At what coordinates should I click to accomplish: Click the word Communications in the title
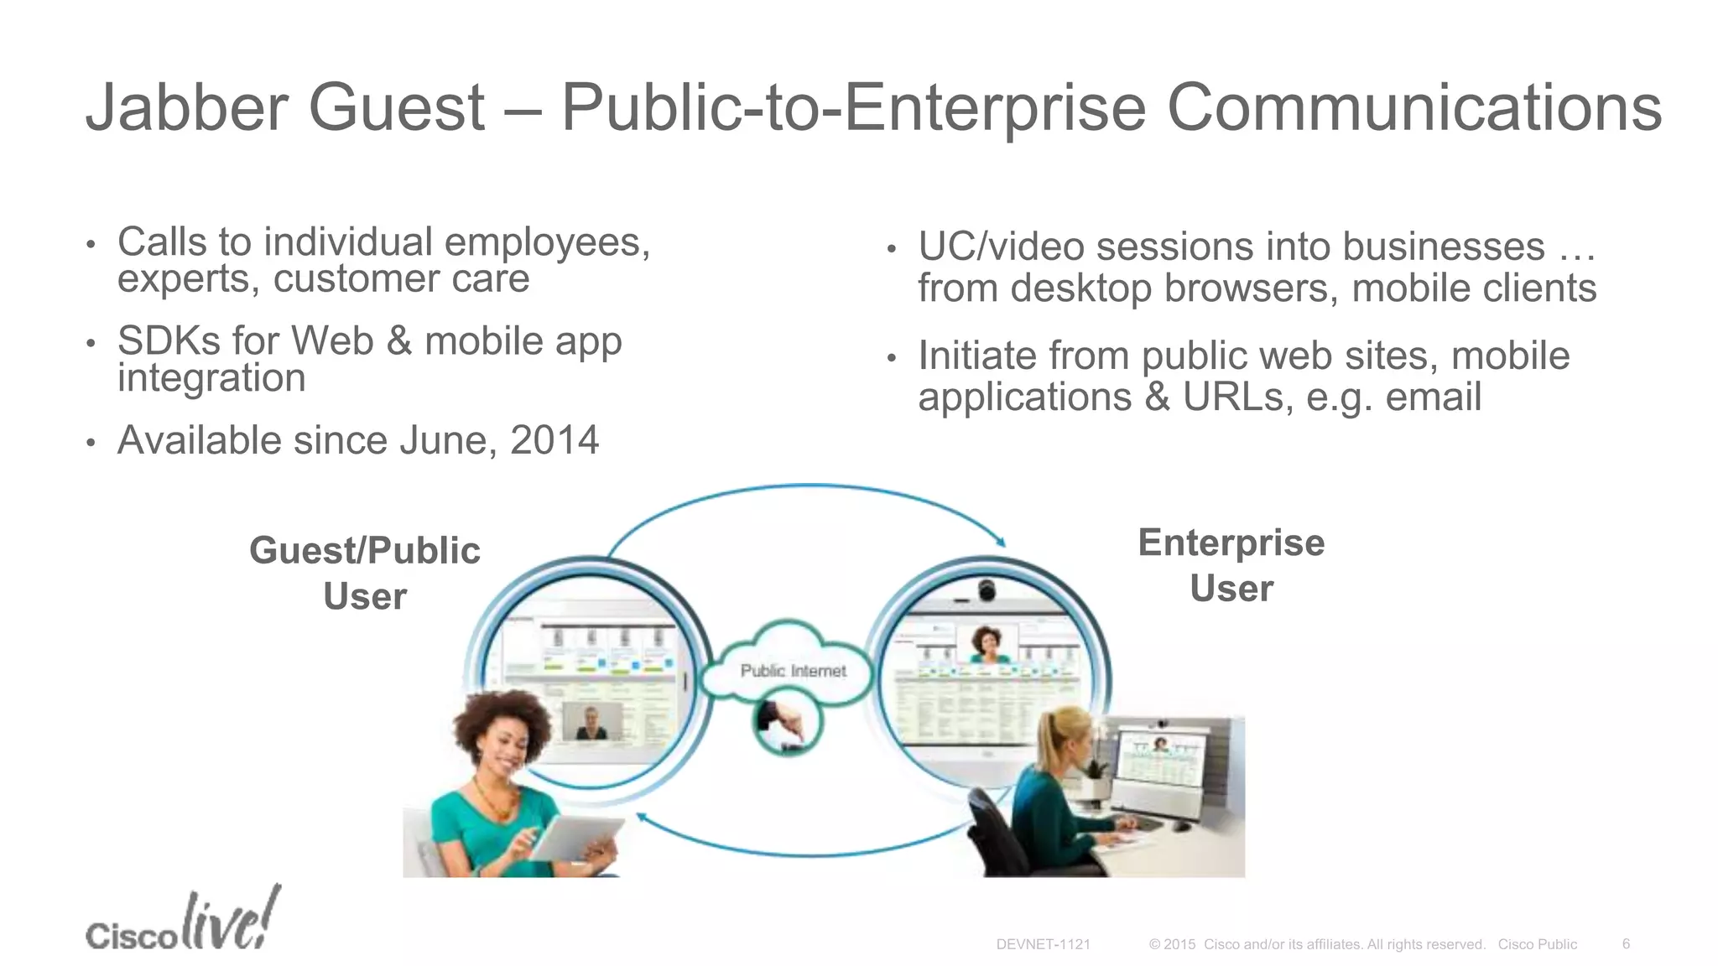tap(1414, 107)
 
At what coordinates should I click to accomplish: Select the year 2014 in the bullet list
tap(554, 440)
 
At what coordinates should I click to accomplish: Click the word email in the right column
tap(1433, 397)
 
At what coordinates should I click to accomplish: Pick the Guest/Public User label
tap(365, 574)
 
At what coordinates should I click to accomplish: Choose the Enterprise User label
tap(1231, 565)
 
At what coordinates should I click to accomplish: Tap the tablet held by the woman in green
tap(577, 838)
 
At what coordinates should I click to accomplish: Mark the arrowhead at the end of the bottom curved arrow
tap(641, 816)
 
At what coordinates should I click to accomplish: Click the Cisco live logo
tap(182, 922)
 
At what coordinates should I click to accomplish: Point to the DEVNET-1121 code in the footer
tap(1043, 944)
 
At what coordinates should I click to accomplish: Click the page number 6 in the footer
tap(1626, 943)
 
